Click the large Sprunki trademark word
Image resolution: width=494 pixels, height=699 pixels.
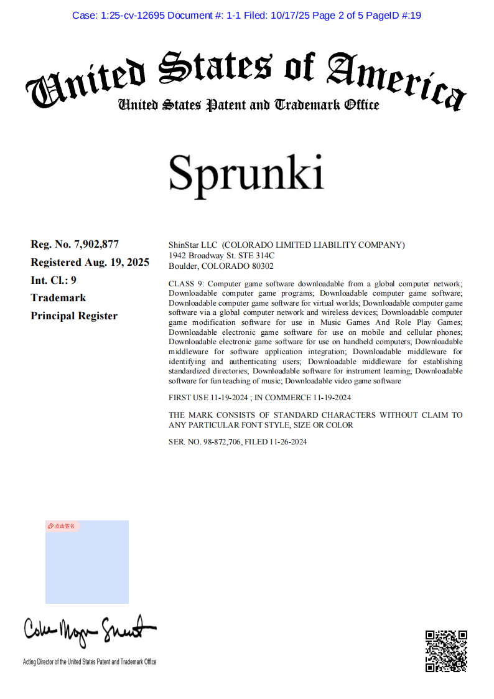[x=246, y=172]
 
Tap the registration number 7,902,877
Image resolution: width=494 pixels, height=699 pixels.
[x=96, y=244]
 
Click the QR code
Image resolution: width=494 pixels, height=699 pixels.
[x=446, y=651]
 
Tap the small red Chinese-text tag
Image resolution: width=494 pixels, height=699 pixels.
[x=62, y=526]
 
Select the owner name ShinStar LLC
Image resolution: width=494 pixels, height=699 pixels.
[x=193, y=245]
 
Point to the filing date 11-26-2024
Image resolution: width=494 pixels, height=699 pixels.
[x=288, y=442]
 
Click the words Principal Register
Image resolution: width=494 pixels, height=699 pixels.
[x=74, y=316]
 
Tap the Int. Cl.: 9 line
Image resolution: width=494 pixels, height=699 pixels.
[x=54, y=280]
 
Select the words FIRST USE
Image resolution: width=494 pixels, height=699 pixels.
[x=189, y=398]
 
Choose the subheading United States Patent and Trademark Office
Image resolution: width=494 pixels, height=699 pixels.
[x=248, y=105]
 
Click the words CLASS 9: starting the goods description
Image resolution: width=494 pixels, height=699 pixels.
[x=186, y=283]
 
